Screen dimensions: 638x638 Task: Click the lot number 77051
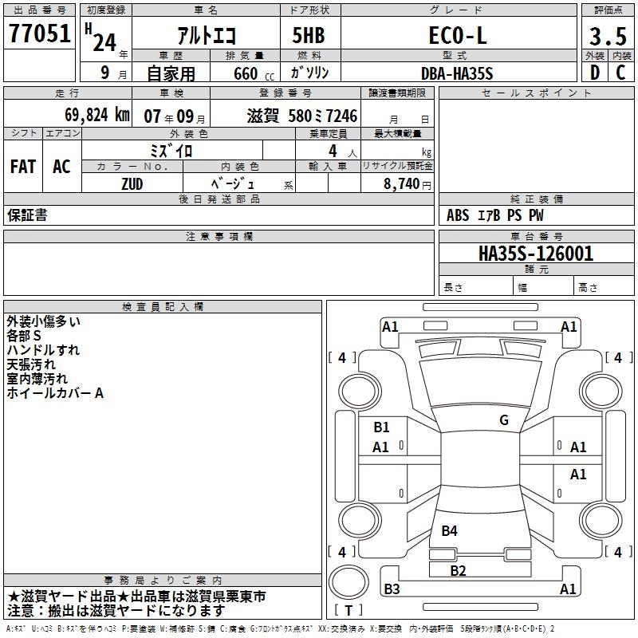(39, 33)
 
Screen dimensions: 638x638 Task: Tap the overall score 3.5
(608, 36)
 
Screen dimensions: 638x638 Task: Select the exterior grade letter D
(595, 73)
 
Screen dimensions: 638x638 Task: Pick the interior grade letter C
(620, 73)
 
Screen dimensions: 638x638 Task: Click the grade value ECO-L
(458, 35)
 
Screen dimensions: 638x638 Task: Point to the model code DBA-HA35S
(457, 73)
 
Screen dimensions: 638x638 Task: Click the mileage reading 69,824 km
(97, 115)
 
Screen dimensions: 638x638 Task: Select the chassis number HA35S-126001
(536, 254)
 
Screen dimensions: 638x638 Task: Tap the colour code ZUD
(132, 184)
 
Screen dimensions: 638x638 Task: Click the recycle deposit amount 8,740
(402, 184)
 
